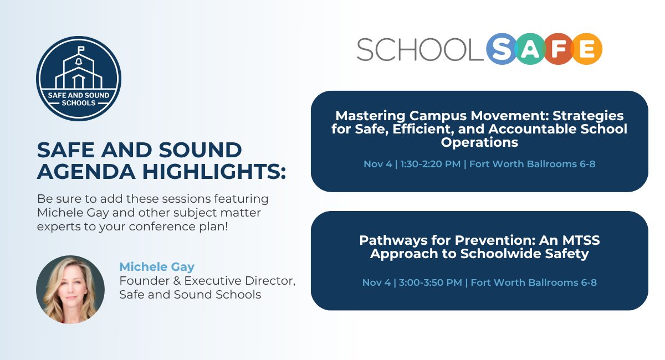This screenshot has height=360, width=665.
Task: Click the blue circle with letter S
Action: coord(501,49)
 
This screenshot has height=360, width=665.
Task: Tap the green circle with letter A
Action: coord(530,49)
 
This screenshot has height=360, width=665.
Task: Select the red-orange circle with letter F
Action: coord(557,49)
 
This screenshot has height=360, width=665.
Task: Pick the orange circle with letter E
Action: coord(587,49)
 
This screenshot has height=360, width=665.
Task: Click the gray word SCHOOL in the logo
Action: coord(420,49)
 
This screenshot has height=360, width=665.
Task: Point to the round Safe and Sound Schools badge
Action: coord(79,79)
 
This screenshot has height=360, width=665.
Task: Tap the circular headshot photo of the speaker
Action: coord(70,289)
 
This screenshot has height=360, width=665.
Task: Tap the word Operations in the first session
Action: coord(479,142)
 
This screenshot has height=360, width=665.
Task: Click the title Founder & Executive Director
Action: coord(207,281)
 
